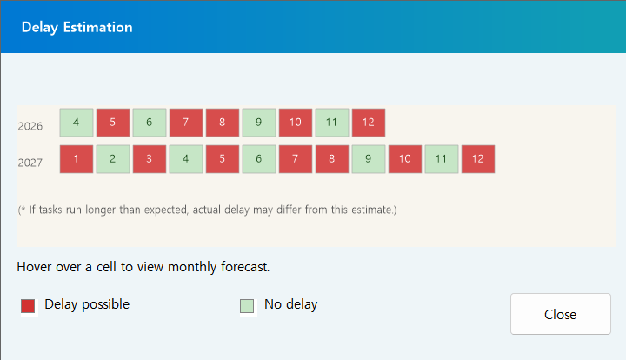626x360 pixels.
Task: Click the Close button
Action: pyautogui.click(x=560, y=314)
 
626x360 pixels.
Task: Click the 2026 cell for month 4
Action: pyautogui.click(x=77, y=123)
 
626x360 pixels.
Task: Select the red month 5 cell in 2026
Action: pyautogui.click(x=113, y=123)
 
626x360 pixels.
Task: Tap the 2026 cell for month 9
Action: pyautogui.click(x=259, y=123)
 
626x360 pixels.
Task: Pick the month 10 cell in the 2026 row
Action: pyautogui.click(x=296, y=123)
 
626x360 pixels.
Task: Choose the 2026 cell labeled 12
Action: pyautogui.click(x=369, y=123)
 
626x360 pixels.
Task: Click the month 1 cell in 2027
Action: pyautogui.click(x=77, y=159)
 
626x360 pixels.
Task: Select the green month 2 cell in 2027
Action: pyautogui.click(x=113, y=159)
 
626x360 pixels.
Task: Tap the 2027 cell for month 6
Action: pyautogui.click(x=259, y=159)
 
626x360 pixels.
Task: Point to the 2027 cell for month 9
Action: pyautogui.click(x=369, y=159)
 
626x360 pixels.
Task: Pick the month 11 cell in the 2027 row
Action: pyautogui.click(x=442, y=159)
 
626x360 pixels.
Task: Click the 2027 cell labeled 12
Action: pyautogui.click(x=478, y=159)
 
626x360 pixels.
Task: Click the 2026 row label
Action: pyautogui.click(x=30, y=126)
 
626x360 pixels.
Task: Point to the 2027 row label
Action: pyautogui.click(x=30, y=163)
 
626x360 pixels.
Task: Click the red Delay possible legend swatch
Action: pyautogui.click(x=28, y=305)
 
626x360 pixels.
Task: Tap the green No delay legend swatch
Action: pyautogui.click(x=247, y=305)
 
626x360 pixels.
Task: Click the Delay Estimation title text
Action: pyautogui.click(x=77, y=27)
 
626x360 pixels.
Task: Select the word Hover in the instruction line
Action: pyautogui.click(x=35, y=266)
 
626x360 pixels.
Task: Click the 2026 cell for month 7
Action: pyautogui.click(x=186, y=123)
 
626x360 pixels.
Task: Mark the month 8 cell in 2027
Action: pyautogui.click(x=332, y=159)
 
